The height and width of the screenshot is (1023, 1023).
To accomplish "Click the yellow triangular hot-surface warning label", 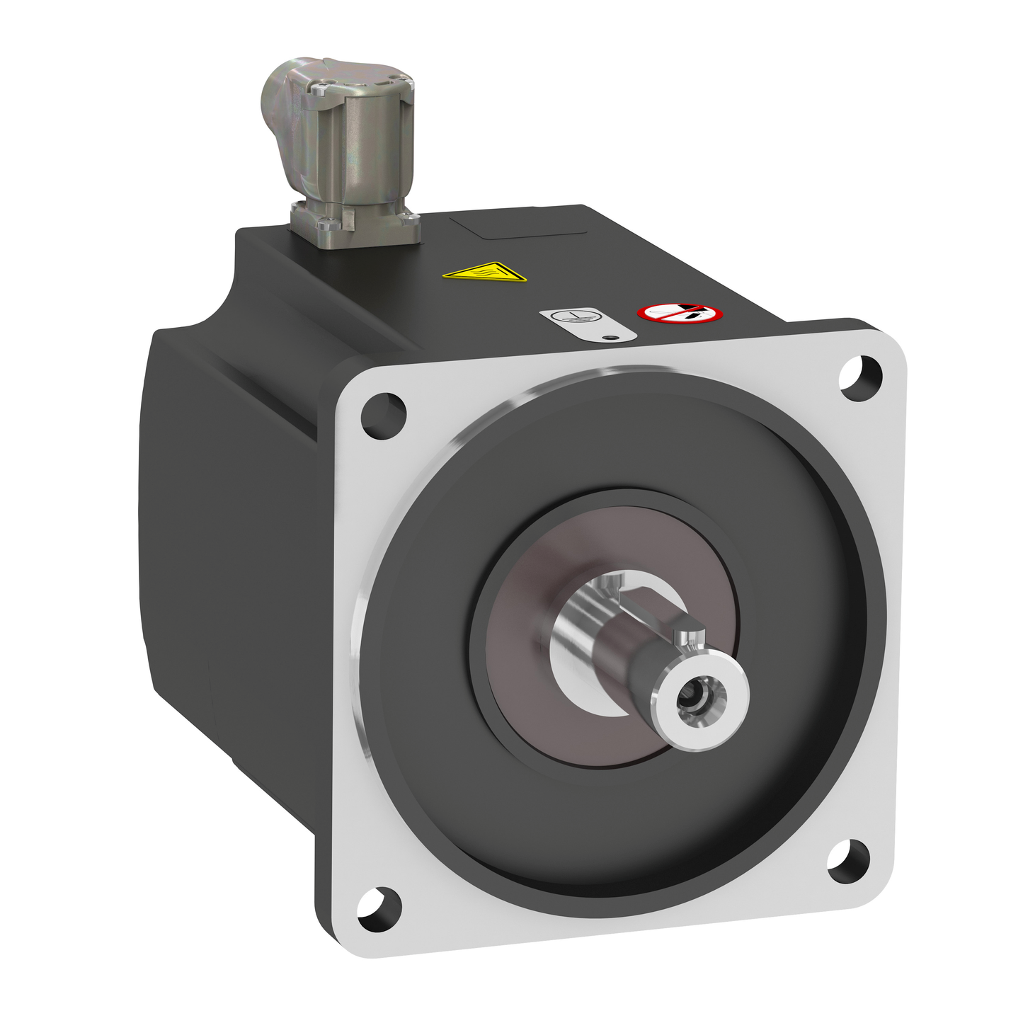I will point(485,272).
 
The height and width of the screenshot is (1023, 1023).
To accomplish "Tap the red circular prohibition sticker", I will point(680,312).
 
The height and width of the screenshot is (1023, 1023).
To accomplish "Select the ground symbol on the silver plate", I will point(574,318).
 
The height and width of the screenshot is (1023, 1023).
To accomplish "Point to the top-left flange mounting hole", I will point(383,416).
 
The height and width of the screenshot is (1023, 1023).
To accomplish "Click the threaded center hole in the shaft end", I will point(691,700).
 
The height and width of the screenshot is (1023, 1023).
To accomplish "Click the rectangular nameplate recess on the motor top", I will point(519,225).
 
